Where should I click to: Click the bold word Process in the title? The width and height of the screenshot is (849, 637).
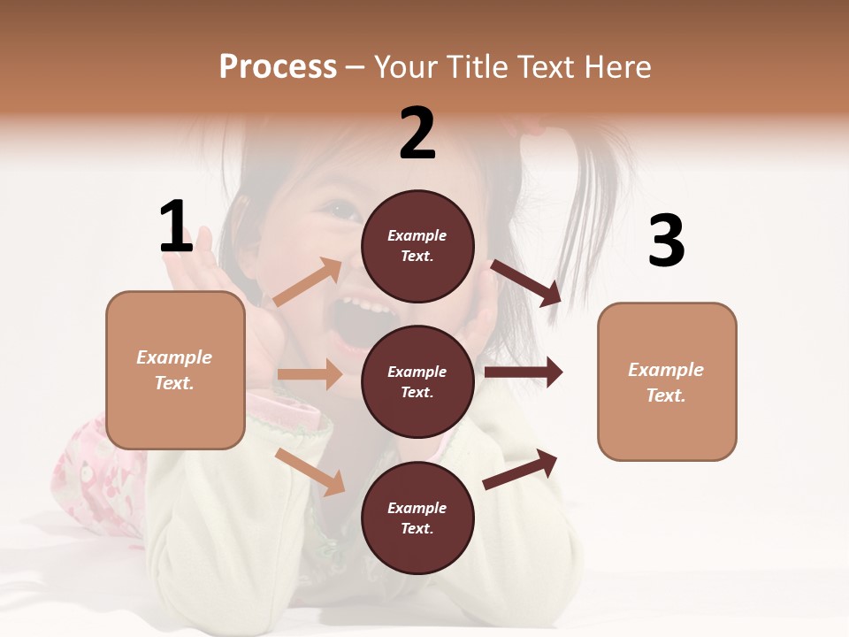coord(278,67)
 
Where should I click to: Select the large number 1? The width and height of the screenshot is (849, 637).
coord(176,226)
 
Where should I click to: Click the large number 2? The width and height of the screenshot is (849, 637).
coord(417,133)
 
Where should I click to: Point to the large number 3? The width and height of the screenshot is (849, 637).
coord(666,241)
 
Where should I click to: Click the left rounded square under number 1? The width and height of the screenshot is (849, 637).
coord(175,370)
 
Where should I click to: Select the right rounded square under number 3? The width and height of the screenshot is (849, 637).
coord(667,381)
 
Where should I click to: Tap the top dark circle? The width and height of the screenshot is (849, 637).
coord(417,246)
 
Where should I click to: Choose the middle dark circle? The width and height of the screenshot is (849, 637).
coord(417,381)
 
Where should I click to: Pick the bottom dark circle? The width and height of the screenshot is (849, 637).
coord(417,518)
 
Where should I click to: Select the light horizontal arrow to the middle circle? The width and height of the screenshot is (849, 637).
coord(310,374)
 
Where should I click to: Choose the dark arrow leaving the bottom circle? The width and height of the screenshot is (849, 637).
coord(520,469)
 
